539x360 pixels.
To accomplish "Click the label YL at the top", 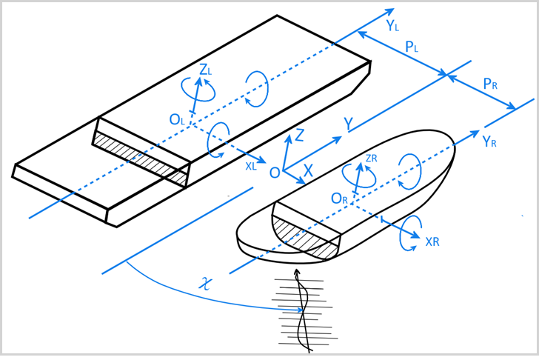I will coord(393,27).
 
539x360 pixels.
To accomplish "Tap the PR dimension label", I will coord(489,84).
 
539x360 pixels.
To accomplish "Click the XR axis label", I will coord(435,242).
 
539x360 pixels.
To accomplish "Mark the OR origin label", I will coord(340,199).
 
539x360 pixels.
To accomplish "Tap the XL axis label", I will coord(252,167).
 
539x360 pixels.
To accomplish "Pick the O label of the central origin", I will coord(274,173).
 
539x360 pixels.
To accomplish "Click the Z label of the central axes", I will coord(299,135).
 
